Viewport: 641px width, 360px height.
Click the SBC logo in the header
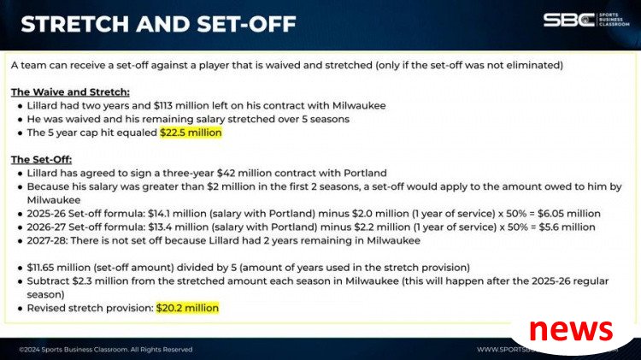pyautogui.click(x=586, y=19)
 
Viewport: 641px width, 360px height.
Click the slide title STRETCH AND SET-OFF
pyautogui.click(x=159, y=24)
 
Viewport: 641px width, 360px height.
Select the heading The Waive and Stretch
pyautogui.click(x=70, y=92)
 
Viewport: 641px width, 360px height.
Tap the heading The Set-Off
pyautogui.click(x=41, y=160)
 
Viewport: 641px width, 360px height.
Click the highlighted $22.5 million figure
pyautogui.click(x=191, y=133)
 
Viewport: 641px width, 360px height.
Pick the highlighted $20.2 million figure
pyautogui.click(x=188, y=308)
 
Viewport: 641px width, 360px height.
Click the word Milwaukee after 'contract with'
pyautogui.click(x=359, y=105)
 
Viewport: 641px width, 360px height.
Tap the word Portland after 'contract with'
pyautogui.click(x=365, y=173)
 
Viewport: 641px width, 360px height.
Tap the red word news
pyautogui.click(x=571, y=330)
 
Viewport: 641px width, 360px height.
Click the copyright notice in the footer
pyautogui.click(x=105, y=350)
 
